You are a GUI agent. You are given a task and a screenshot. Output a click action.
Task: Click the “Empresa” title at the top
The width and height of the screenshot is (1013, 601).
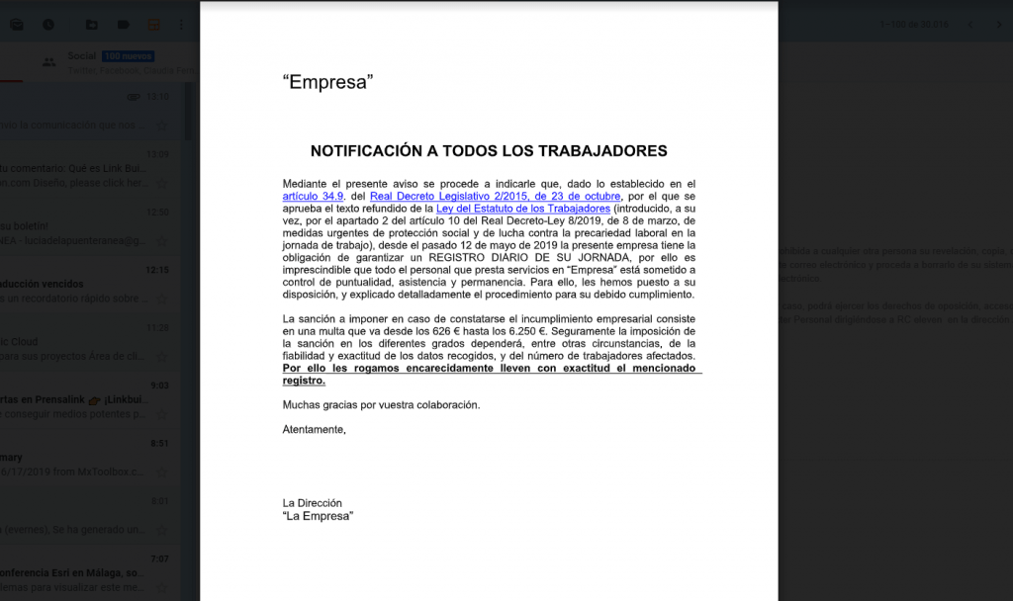[327, 83]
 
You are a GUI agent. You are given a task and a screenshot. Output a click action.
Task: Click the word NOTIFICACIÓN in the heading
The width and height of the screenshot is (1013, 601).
[367, 151]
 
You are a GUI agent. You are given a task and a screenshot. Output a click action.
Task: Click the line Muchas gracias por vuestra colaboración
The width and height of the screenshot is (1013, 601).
[381, 405]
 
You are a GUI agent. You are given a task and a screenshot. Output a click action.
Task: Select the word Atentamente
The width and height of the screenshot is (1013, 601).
[314, 430]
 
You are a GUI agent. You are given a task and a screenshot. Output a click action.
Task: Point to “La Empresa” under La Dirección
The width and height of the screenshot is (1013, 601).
[318, 516]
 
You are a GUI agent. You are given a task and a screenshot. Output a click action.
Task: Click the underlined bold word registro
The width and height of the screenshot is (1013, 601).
[303, 381]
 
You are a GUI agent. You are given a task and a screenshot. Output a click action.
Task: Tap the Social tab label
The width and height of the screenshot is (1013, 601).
[82, 56]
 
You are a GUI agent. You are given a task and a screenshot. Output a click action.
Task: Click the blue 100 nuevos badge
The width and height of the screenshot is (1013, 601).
[128, 56]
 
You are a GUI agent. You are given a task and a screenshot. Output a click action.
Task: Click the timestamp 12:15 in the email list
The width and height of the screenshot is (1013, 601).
[157, 269]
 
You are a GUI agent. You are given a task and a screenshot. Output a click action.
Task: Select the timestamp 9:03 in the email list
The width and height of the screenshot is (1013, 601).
[160, 386]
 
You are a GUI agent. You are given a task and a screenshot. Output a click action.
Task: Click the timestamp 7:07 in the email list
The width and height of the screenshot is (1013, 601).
[160, 558]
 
